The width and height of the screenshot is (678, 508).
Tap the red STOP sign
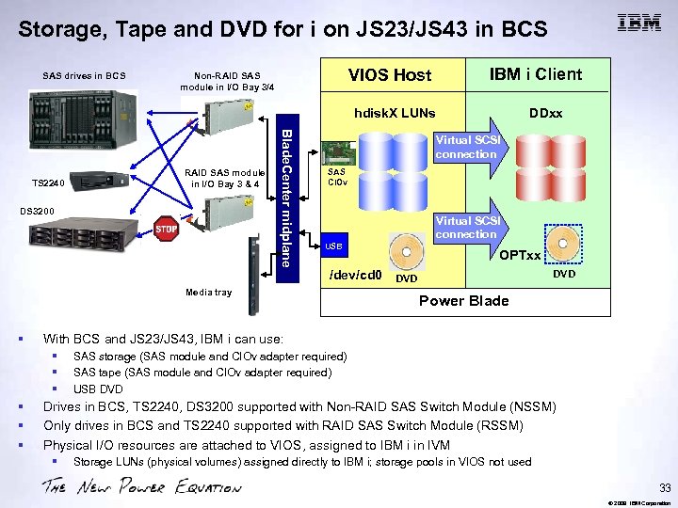(x=167, y=230)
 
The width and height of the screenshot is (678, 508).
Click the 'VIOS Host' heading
(x=390, y=75)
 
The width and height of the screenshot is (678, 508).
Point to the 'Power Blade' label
(x=463, y=301)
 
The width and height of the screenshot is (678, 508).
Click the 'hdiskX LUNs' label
(x=395, y=113)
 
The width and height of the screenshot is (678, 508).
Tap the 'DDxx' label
(x=545, y=113)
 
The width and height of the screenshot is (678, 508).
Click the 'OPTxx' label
(x=520, y=256)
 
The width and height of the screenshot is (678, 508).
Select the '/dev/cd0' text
(x=354, y=276)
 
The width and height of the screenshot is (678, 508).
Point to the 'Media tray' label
(x=208, y=292)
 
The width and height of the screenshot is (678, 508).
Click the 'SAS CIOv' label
(x=337, y=177)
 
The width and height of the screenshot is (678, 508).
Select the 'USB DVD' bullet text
(x=98, y=389)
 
